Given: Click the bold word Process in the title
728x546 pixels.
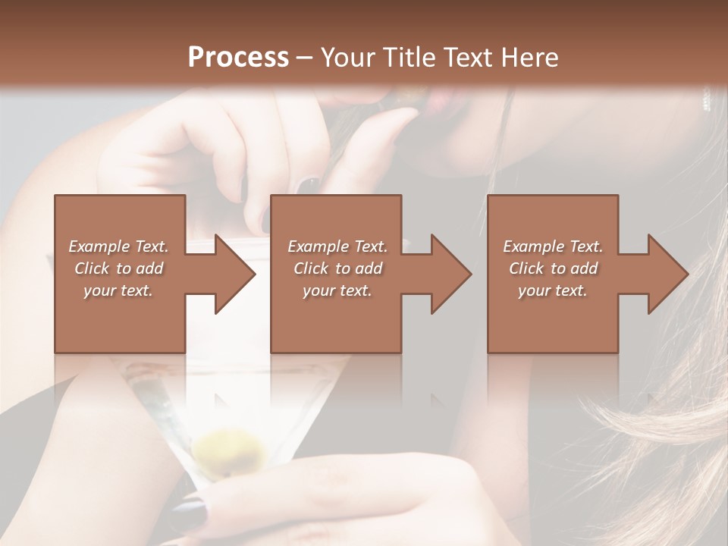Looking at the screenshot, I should tap(238, 57).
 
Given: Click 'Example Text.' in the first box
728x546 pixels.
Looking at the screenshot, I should tap(119, 246).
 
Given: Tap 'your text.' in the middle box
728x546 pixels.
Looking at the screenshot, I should tap(337, 290).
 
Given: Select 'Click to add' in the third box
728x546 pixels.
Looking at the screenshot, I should tap(553, 268).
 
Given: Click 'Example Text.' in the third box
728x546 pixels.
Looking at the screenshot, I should tap(553, 246).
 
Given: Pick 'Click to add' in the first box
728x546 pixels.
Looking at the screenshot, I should tap(119, 268).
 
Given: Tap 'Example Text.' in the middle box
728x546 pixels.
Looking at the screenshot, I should tap(337, 246).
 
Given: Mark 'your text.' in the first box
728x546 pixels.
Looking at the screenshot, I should tap(119, 290).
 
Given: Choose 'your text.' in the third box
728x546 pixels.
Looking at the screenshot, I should tap(553, 290).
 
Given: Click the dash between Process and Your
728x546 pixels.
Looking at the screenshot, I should tap(305, 57).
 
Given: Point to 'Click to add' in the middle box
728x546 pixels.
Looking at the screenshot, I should tap(337, 268).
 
